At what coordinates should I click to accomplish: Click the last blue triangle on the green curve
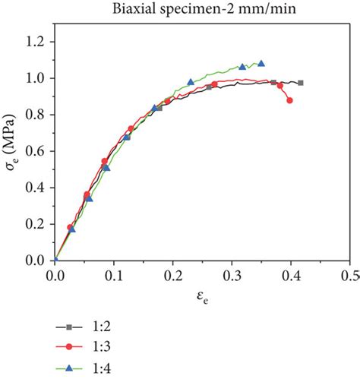[x=261, y=64]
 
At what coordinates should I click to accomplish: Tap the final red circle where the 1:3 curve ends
[x=289, y=100]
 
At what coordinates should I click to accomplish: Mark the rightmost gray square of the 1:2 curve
[x=301, y=83]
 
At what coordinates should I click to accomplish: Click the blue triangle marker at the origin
[x=55, y=261]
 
